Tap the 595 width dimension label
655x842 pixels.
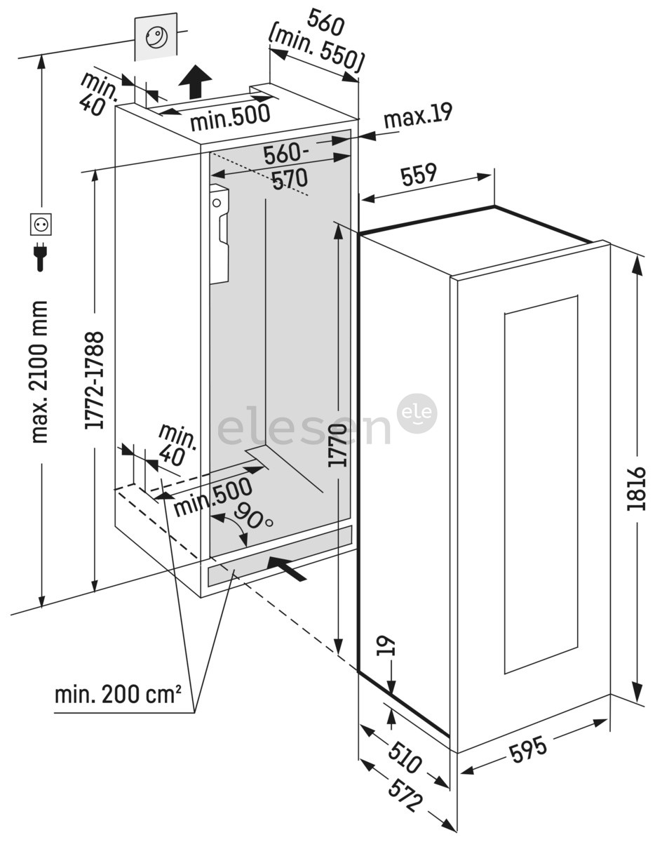[528, 750]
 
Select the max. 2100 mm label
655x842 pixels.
[39, 371]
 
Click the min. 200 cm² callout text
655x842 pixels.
[119, 696]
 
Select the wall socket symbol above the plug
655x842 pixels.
[41, 225]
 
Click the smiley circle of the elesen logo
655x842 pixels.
[418, 413]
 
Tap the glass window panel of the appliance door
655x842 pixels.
[540, 485]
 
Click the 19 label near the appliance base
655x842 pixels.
[390, 646]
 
